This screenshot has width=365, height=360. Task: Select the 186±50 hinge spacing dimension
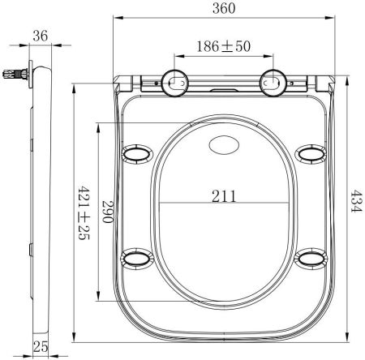[x=223, y=47]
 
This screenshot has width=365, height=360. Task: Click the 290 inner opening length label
[x=106, y=213]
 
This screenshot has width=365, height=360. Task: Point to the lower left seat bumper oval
[x=134, y=258]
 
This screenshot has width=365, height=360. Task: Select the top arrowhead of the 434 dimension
[x=343, y=77]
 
